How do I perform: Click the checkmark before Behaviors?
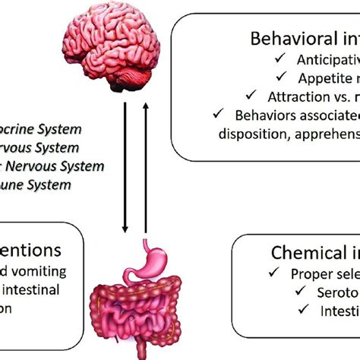click(x=219, y=114)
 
